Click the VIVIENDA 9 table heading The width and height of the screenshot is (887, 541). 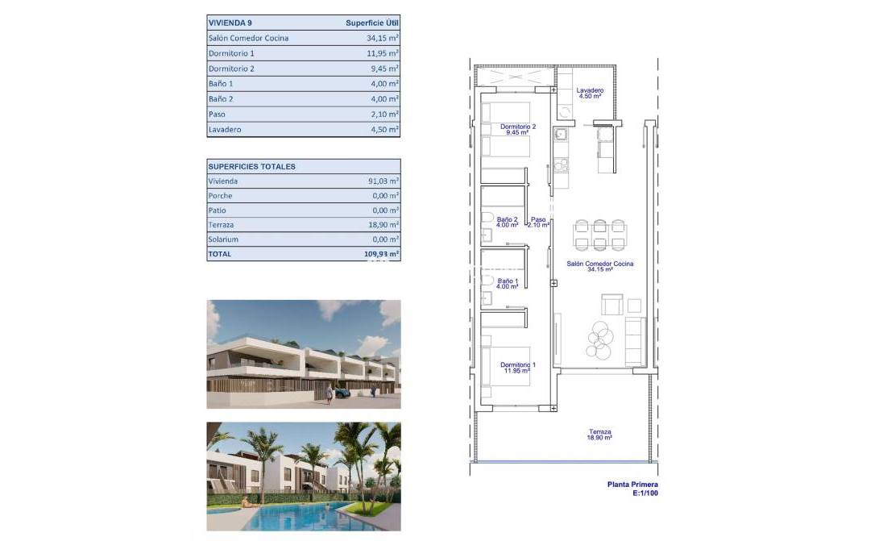(230, 23)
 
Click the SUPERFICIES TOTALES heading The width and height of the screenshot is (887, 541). (252, 167)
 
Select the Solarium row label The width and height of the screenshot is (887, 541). (223, 239)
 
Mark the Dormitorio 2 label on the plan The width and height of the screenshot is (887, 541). (518, 129)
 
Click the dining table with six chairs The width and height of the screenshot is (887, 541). (599, 235)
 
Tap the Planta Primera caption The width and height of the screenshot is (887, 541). (632, 485)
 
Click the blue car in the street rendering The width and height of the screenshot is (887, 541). (342, 393)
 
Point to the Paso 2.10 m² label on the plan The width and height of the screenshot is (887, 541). (538, 223)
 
